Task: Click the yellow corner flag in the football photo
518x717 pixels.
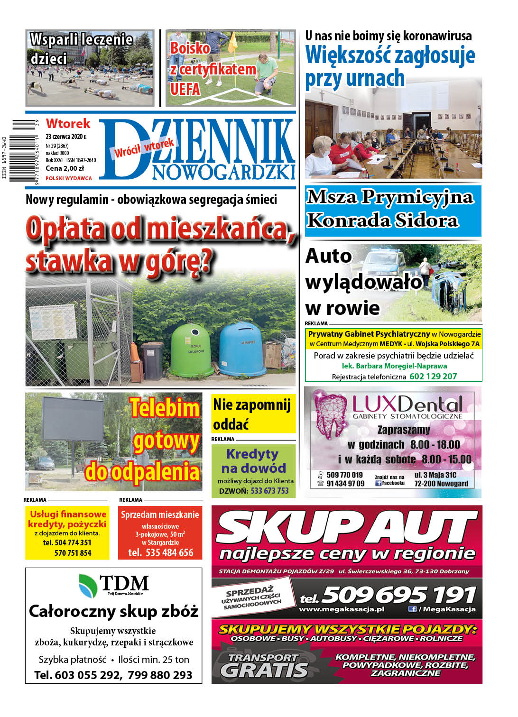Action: point(232,45)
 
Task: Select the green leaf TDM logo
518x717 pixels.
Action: point(88,585)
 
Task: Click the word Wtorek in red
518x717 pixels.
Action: point(68,124)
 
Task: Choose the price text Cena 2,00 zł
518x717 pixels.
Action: point(65,168)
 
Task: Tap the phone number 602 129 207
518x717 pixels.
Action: point(433,377)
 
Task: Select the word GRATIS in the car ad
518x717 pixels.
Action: point(264,670)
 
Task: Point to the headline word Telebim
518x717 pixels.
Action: point(165,408)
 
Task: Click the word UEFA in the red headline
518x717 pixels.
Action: point(185,89)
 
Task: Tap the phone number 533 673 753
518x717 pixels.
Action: point(269,491)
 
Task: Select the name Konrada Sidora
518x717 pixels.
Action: point(382,221)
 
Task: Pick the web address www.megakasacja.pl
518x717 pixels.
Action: point(342,609)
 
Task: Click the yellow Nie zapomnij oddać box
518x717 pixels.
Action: point(253,414)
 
